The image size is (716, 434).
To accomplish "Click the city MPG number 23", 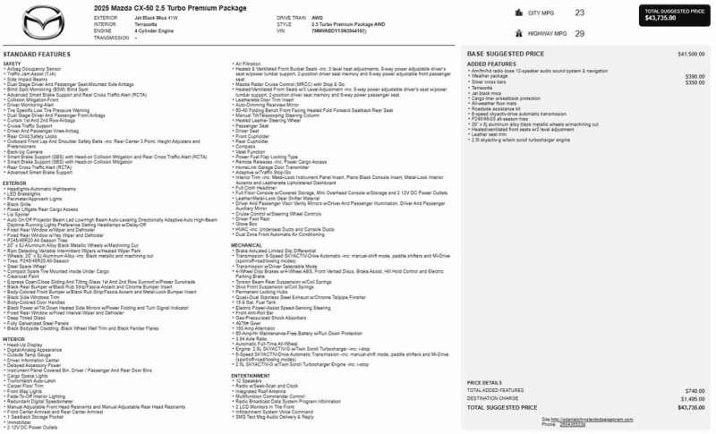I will point(580,13).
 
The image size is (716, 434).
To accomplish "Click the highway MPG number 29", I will point(580,33).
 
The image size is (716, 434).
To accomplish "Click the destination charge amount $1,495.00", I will point(693,398).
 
